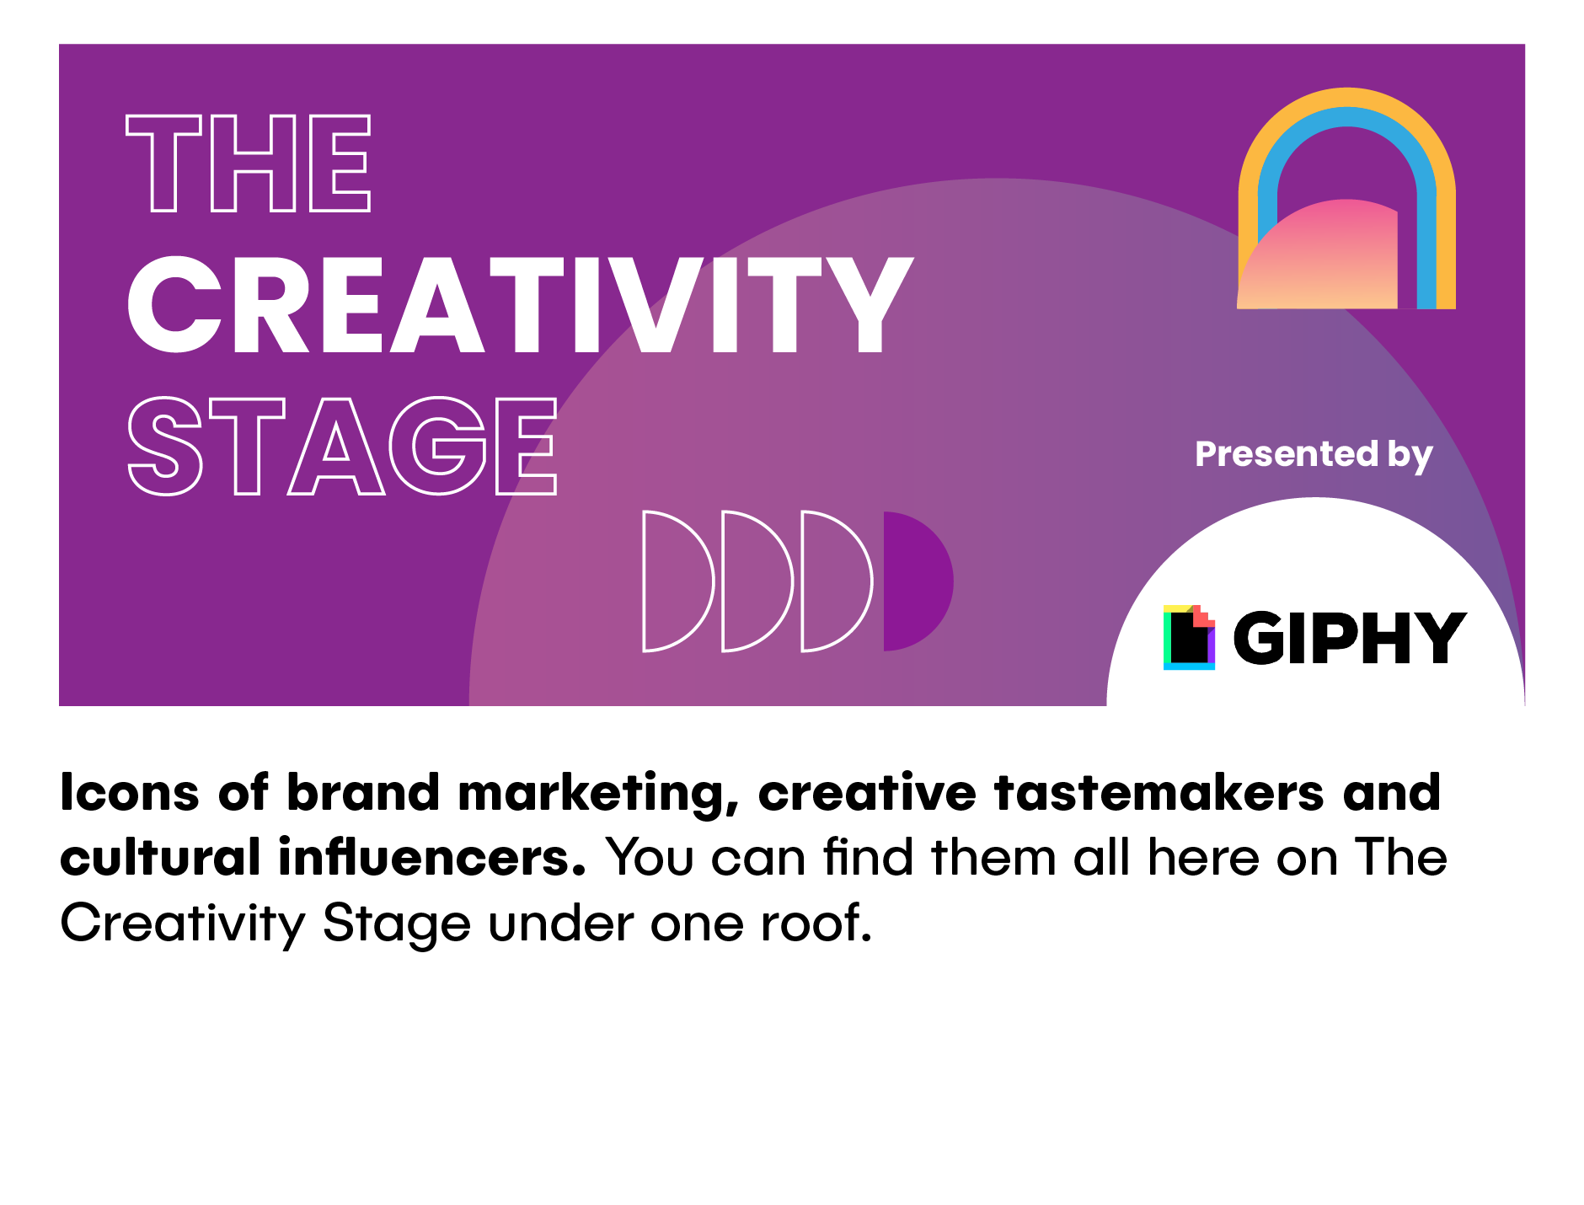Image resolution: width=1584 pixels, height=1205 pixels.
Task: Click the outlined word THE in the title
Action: click(249, 163)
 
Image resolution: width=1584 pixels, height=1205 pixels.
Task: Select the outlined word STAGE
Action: click(342, 446)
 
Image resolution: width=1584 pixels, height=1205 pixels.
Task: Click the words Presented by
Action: click(1314, 455)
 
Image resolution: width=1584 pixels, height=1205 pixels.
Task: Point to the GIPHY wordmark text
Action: click(1350, 637)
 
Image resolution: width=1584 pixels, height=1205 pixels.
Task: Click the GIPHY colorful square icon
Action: click(1189, 637)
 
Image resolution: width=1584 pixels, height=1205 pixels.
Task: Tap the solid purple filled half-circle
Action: click(918, 581)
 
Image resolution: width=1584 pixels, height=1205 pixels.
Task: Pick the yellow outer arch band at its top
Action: click(1346, 98)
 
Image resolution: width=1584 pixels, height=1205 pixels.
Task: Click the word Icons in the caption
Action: click(130, 793)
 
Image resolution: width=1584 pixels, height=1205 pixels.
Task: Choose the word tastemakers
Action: click(1159, 793)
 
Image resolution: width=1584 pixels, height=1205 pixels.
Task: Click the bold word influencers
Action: click(431, 857)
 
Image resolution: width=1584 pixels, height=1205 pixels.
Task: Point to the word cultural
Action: click(160, 857)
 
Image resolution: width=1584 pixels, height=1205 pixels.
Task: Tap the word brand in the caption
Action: click(363, 793)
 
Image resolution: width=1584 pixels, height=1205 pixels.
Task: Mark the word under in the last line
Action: click(561, 924)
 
